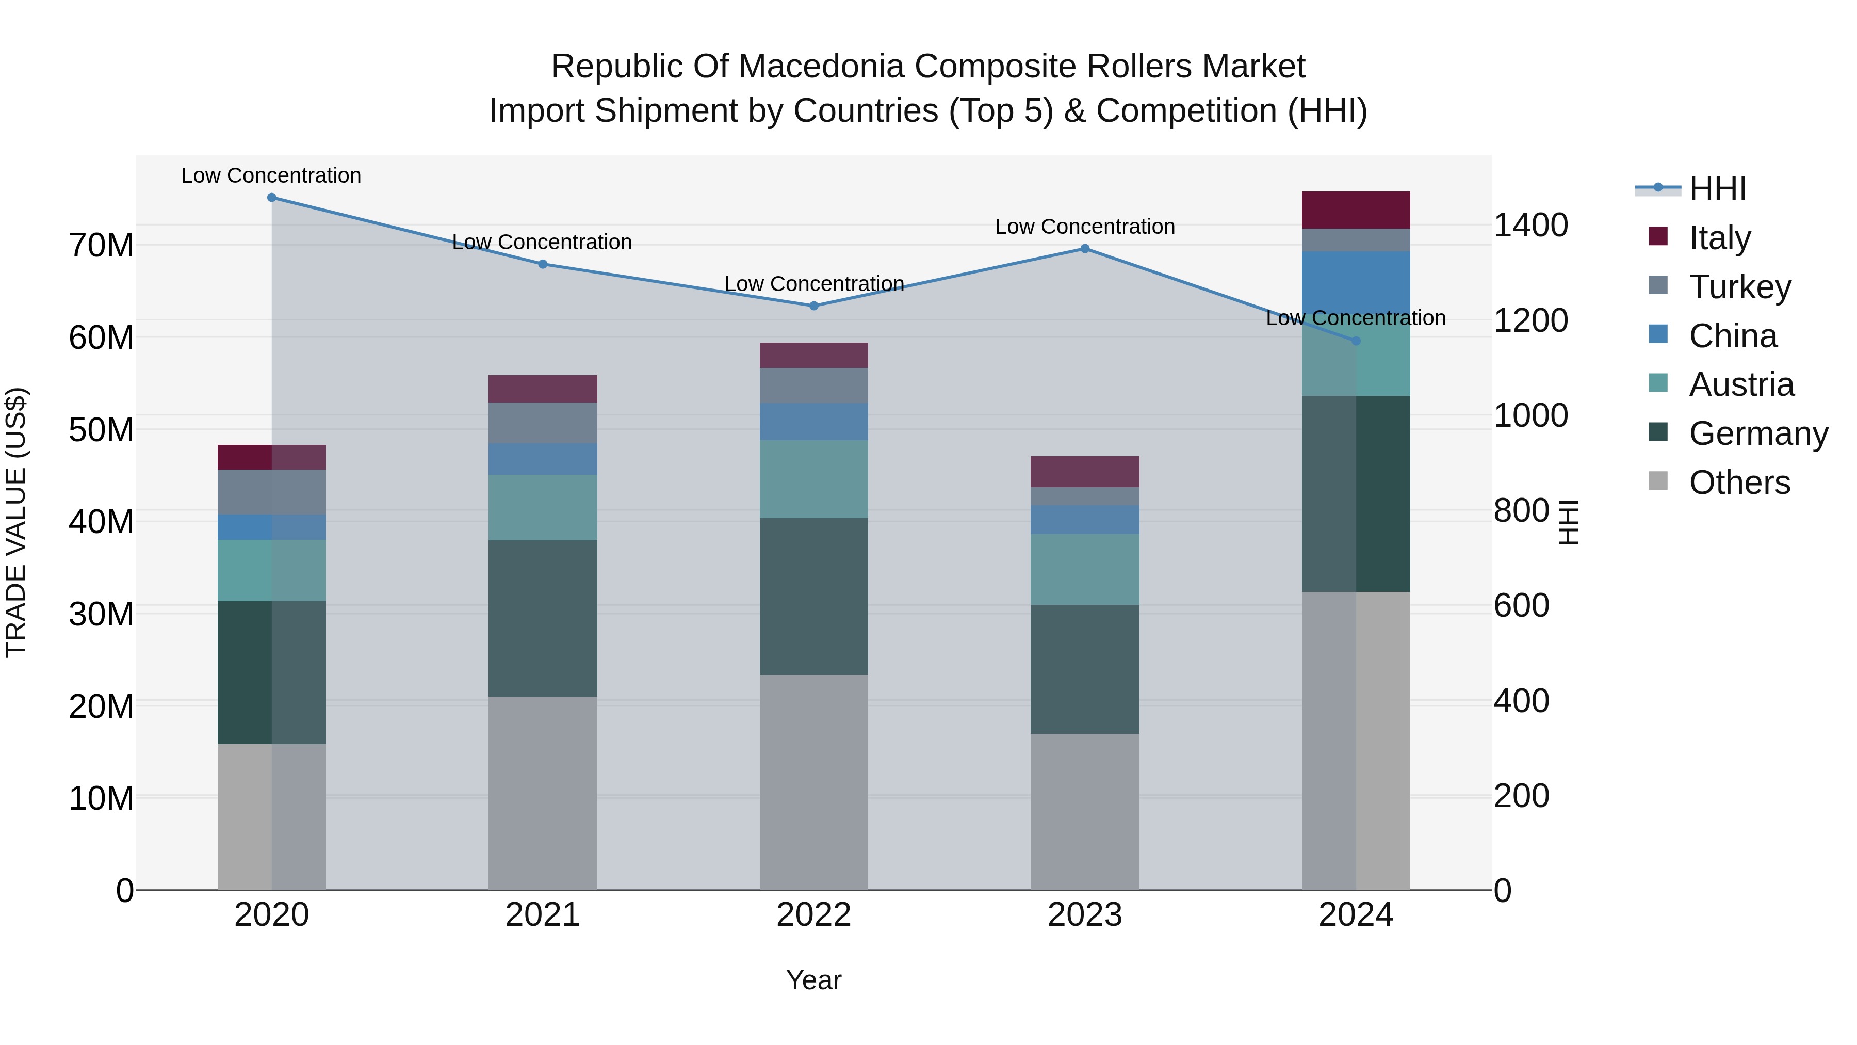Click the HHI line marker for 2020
click(272, 198)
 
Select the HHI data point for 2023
click(1085, 249)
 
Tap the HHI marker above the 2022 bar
click(814, 306)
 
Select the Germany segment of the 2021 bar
click(543, 618)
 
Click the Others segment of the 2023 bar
click(1085, 811)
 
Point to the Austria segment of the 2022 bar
click(814, 479)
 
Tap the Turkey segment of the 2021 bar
click(543, 423)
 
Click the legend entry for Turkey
click(1739, 287)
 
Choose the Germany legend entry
click(1757, 433)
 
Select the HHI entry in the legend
click(1717, 189)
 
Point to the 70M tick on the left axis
click(101, 245)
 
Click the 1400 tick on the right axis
click(1530, 225)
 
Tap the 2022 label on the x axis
click(814, 915)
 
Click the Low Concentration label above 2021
click(542, 243)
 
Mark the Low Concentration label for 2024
click(1355, 318)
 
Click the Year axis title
click(814, 980)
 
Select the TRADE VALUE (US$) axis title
click(16, 522)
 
